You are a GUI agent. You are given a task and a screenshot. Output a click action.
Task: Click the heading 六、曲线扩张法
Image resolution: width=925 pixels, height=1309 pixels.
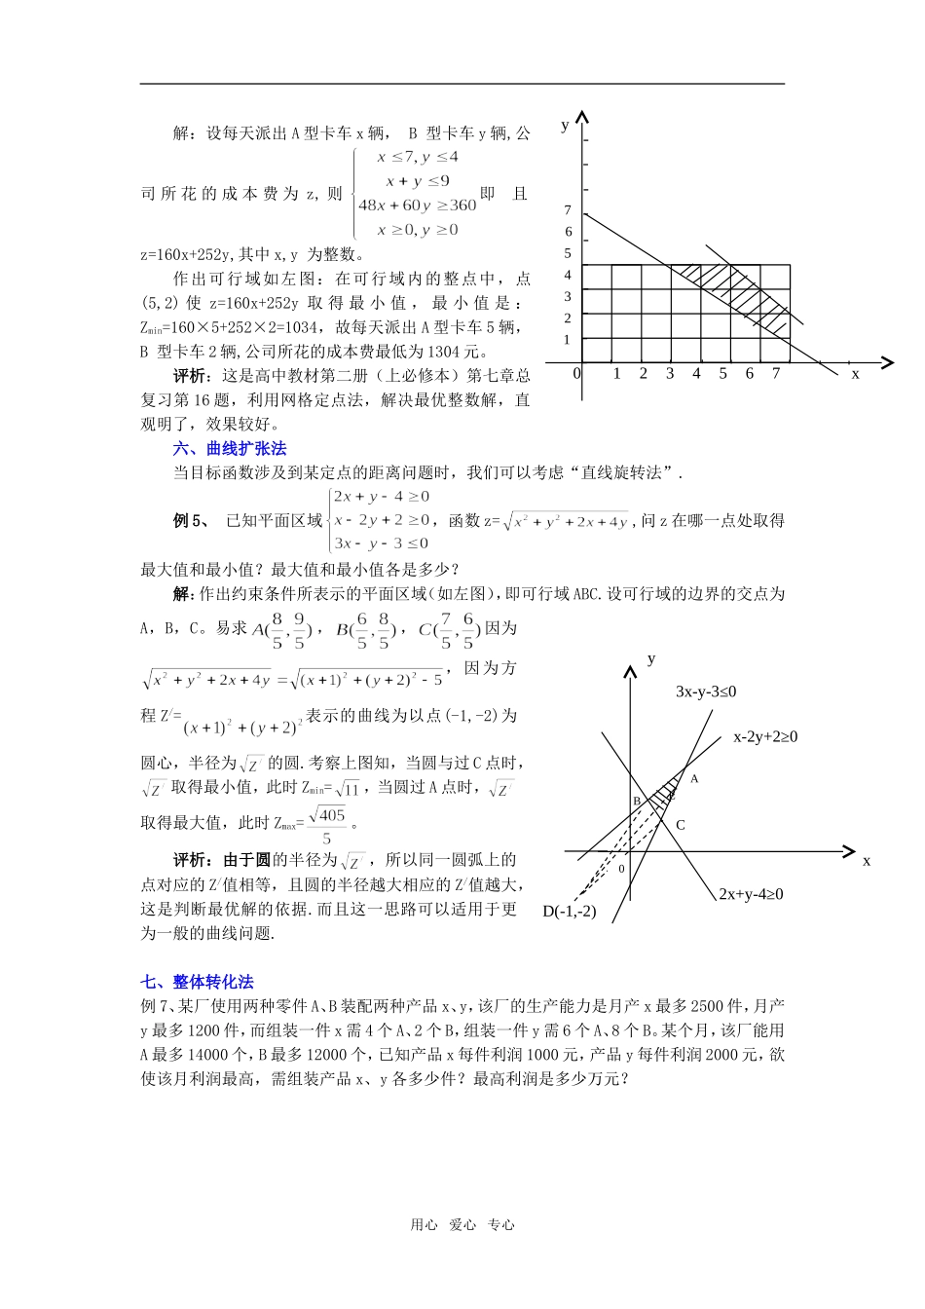tap(230, 448)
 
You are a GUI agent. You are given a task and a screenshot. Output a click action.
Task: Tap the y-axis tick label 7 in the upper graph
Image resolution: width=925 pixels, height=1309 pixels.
tap(568, 209)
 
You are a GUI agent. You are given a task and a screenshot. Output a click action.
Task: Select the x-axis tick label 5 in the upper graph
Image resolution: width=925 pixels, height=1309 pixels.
tap(722, 374)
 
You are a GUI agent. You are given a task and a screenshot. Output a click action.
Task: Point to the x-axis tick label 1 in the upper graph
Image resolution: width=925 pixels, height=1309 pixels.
tap(616, 374)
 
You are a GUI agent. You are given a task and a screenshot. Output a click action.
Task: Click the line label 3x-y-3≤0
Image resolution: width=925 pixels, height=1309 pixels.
tap(706, 692)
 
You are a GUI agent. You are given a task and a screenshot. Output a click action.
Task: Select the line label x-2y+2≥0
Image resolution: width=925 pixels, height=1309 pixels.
tap(765, 737)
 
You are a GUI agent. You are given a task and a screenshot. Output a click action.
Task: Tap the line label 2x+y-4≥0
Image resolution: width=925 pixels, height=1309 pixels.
tap(751, 894)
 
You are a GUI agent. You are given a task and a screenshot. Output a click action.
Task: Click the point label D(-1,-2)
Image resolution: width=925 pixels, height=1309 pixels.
tap(570, 912)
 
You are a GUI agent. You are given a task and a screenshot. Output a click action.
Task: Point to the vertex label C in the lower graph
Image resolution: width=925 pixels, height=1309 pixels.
tap(681, 825)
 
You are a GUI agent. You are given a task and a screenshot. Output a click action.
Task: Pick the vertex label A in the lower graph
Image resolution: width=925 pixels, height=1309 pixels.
tap(694, 779)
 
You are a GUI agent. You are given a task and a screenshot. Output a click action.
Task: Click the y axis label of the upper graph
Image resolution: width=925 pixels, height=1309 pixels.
tap(565, 125)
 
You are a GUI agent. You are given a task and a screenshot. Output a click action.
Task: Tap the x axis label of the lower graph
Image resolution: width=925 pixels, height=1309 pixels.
tap(866, 860)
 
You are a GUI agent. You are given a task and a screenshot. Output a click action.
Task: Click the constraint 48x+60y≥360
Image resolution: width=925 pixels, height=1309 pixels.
tap(417, 206)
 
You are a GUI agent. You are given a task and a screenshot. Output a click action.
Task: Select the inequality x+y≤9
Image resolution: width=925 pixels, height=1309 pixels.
tap(418, 181)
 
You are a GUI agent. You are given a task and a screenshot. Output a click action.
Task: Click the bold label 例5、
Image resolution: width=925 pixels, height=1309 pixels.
tap(191, 521)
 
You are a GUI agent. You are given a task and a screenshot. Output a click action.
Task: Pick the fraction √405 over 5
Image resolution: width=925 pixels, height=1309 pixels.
tap(327, 826)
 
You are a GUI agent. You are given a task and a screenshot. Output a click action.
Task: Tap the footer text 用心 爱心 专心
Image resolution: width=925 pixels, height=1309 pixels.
tap(462, 1225)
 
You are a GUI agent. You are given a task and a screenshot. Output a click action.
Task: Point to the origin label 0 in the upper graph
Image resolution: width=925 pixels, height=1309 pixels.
tap(576, 374)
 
